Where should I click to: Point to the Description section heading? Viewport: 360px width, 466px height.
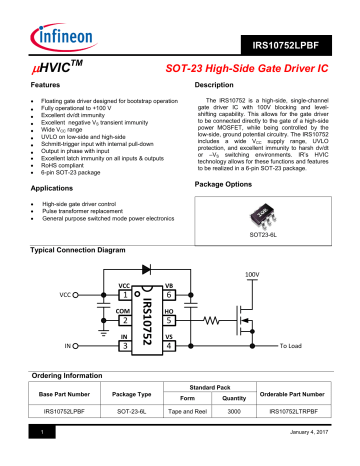(213, 88)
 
